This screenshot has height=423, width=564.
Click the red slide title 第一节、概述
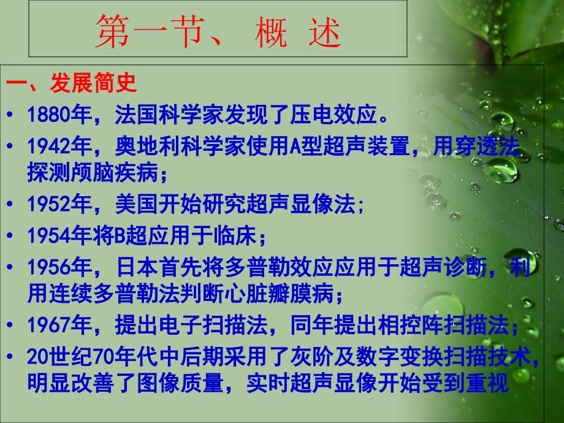(218, 32)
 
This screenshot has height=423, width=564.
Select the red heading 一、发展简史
(71, 83)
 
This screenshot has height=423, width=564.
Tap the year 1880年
(59, 115)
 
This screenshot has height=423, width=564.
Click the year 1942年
(59, 146)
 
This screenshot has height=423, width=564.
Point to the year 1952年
(59, 204)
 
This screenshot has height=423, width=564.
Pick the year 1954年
(59, 235)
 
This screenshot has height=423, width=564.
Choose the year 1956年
(59, 267)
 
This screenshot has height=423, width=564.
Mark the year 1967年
(59, 325)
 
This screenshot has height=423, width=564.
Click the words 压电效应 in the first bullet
(333, 115)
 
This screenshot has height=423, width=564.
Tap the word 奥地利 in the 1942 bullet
(148, 146)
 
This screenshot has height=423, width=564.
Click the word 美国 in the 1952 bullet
(137, 204)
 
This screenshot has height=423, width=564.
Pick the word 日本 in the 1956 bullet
(137, 267)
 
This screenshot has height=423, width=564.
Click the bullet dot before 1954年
(10, 236)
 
